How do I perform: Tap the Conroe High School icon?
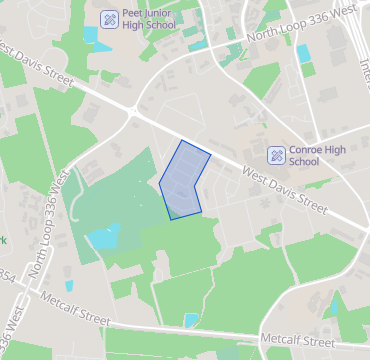pos(276,155)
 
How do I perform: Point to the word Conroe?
pos(306,149)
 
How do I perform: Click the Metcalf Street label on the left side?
pos(75,307)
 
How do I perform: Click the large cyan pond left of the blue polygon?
pos(104,238)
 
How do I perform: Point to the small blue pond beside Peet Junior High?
pos(91,34)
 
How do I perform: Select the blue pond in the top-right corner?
pos(304,53)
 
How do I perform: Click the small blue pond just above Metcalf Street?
pos(191,319)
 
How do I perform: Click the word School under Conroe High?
pos(303,162)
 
